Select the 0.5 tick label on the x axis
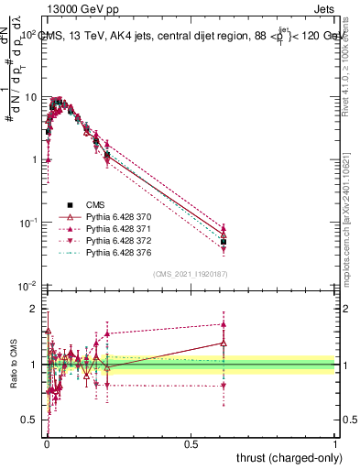click(191, 442)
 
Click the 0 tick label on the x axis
click(46, 442)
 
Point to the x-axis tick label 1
click(335, 442)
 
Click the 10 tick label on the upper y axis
click(31, 96)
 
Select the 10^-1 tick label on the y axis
click(27, 223)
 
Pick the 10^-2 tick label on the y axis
click(27, 286)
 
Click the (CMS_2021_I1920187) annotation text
click(190, 274)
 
